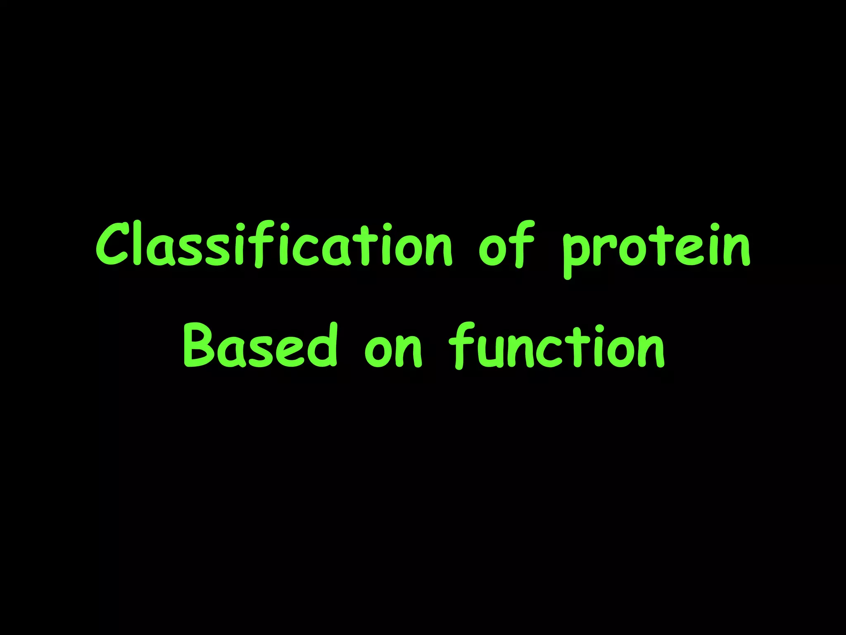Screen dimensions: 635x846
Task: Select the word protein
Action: pos(656,248)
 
